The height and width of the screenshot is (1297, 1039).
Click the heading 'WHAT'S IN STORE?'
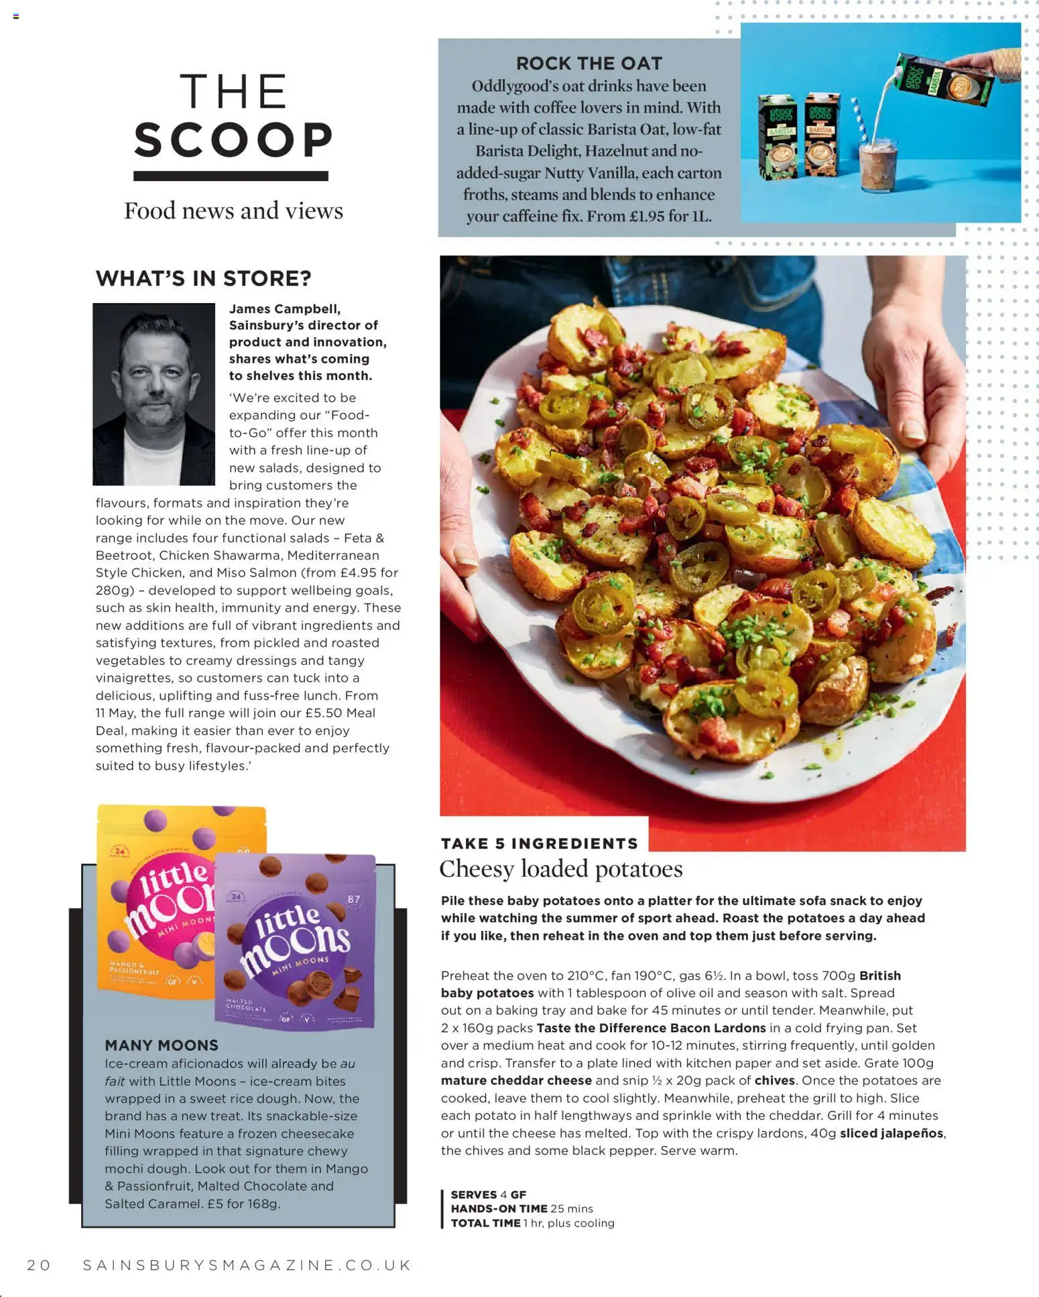tap(203, 278)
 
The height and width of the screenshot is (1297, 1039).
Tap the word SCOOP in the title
tap(233, 140)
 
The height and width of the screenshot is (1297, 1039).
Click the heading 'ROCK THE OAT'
tap(589, 64)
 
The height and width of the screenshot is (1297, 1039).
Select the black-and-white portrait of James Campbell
tap(154, 393)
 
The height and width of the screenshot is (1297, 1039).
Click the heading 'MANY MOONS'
tap(162, 1045)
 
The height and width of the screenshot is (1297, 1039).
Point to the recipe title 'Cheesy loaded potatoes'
tap(560, 869)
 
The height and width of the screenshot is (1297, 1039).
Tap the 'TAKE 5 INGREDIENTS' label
tap(539, 843)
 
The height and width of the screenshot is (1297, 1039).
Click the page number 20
tap(39, 1265)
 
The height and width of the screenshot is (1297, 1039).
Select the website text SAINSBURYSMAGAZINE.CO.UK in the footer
tap(247, 1265)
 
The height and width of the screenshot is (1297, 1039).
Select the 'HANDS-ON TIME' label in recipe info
tap(498, 1209)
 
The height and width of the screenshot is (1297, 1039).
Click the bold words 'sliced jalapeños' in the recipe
tap(892, 1133)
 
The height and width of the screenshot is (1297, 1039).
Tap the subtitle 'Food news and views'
tap(233, 210)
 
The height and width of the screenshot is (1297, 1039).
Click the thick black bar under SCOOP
tap(231, 176)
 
